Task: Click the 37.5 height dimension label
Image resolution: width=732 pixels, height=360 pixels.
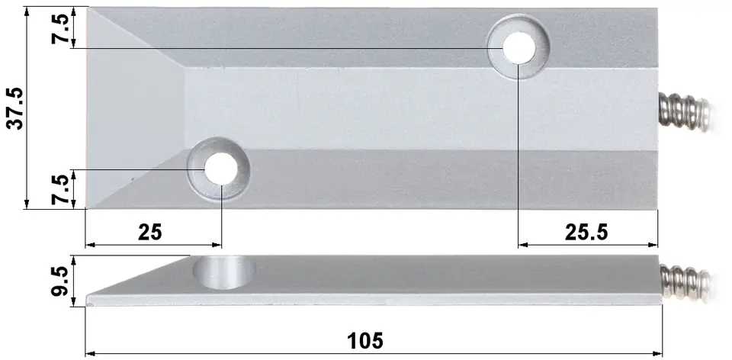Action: click(16, 108)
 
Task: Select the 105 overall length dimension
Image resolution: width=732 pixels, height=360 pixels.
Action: click(365, 340)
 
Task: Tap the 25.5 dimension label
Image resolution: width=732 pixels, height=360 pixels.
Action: click(586, 232)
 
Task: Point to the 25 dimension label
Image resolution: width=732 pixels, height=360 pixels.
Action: click(150, 232)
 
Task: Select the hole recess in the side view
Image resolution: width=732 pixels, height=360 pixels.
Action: click(224, 272)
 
